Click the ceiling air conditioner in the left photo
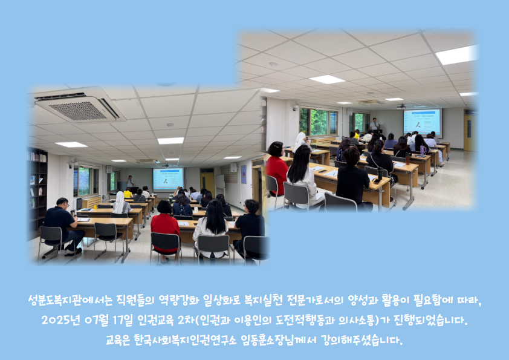78,105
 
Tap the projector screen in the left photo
168,178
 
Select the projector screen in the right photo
423,122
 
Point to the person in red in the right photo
276,168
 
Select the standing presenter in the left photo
130,182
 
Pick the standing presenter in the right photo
375,125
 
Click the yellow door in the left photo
207,183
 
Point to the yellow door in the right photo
469,132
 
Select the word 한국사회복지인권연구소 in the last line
185,340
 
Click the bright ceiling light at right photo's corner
456,55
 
